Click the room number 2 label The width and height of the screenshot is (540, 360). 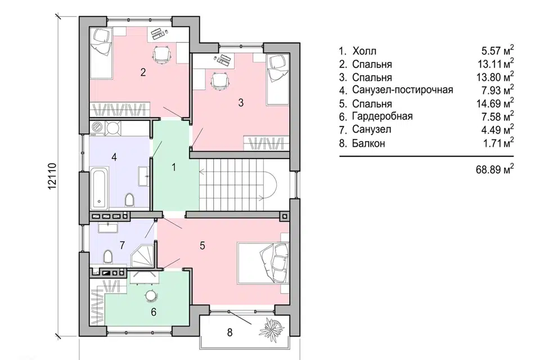[143, 73]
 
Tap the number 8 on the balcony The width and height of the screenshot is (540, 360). [229, 332]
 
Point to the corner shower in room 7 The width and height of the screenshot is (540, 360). [143, 255]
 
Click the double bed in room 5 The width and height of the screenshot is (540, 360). [263, 263]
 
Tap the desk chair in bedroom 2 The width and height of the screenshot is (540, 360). [161, 55]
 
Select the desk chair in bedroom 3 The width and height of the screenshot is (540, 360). [219, 82]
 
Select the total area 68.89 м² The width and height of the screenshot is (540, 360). [495, 169]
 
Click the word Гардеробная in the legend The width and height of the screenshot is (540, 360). [382, 116]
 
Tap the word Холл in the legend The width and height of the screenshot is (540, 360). [364, 51]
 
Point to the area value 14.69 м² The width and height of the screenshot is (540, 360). [495, 103]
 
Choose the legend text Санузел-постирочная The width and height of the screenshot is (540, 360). [402, 90]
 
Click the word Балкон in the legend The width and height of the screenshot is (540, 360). [368, 143]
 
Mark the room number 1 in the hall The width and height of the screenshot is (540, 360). [174, 168]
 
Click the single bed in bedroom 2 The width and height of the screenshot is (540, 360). [101, 54]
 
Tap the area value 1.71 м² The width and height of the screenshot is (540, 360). [498, 143]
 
